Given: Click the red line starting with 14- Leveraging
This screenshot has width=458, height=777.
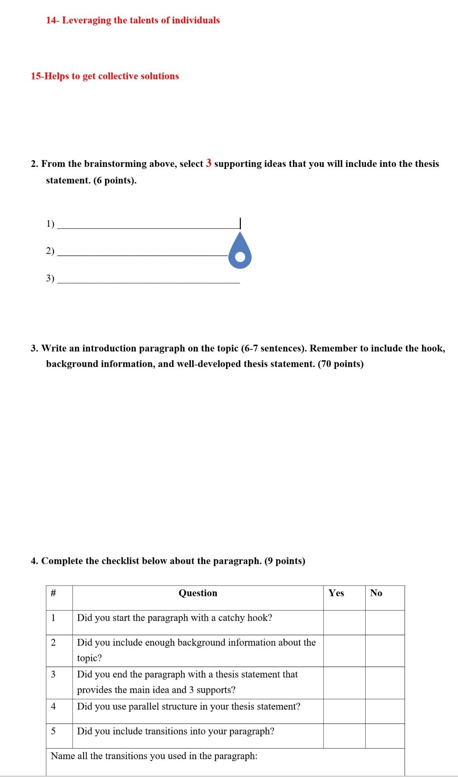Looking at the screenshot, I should point(133,20).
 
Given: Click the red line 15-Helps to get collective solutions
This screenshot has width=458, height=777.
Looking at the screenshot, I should point(105,76).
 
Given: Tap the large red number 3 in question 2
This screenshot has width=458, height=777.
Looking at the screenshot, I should point(208,163).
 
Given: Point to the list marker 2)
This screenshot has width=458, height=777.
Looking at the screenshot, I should point(50,251).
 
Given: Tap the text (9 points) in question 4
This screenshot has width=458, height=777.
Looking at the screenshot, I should point(285,561).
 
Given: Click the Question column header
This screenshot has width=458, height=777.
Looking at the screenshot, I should point(198,593).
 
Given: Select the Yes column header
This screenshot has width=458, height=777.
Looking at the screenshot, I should point(336,593).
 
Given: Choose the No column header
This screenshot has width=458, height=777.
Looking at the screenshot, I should point(376,593).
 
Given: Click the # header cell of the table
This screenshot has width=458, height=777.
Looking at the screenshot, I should point(53,593).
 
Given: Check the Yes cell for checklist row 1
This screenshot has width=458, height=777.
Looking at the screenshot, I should point(344,622).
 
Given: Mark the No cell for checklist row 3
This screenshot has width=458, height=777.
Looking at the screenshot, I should point(385,683).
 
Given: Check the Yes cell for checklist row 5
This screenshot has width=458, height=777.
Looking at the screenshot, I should point(344,736).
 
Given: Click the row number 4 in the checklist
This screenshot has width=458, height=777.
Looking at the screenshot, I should point(53,707).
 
